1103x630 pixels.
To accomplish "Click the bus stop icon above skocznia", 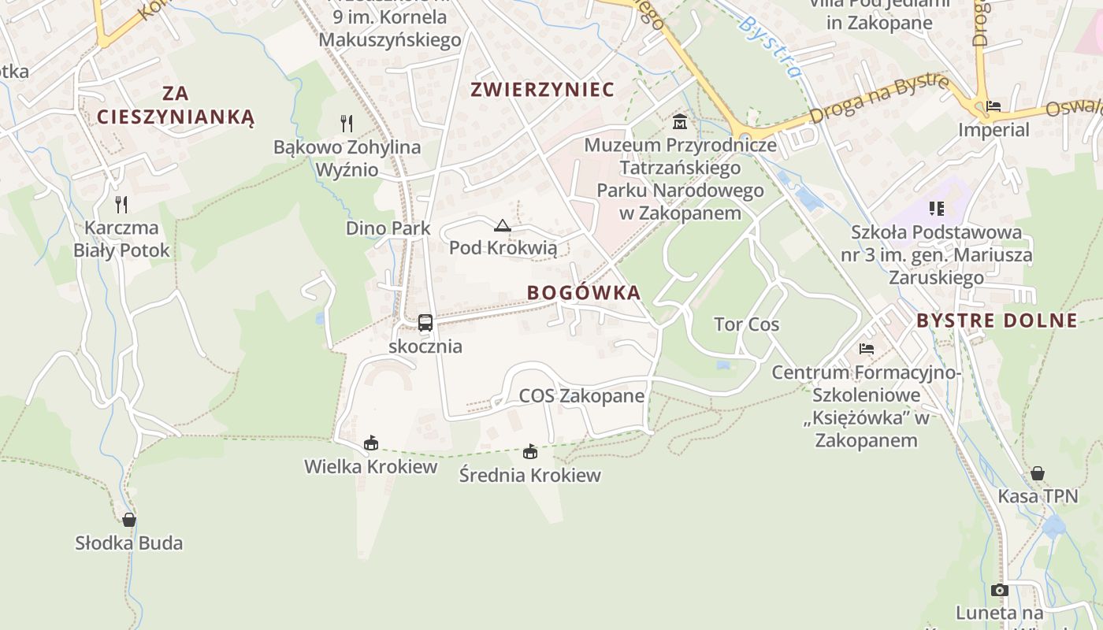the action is (425, 322).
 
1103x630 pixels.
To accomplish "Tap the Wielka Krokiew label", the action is (371, 466).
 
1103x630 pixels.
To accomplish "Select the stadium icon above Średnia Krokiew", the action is (530, 451).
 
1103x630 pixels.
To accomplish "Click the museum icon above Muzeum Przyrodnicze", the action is (680, 122).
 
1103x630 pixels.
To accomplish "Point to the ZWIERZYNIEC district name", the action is (542, 90).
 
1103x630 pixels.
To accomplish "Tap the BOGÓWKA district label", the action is (584, 293).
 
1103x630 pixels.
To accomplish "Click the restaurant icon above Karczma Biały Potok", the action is (121, 205).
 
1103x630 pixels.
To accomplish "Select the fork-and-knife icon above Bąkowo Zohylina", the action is (347, 123).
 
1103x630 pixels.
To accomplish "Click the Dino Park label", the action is (388, 228).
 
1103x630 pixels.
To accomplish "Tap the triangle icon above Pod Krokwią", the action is (503, 226).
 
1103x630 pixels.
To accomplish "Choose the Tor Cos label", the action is (746, 324).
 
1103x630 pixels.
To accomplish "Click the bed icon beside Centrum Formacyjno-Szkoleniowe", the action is (867, 348).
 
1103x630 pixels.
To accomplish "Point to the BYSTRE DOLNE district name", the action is (997, 321).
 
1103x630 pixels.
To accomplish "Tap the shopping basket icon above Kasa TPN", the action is (1038, 473).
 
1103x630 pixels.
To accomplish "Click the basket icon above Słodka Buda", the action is (129, 520).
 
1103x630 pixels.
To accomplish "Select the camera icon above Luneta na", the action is (1000, 590).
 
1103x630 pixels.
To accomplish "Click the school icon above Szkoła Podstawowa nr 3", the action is (937, 209).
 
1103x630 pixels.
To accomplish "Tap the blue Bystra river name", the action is (771, 47).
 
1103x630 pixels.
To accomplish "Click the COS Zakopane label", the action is (581, 396).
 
